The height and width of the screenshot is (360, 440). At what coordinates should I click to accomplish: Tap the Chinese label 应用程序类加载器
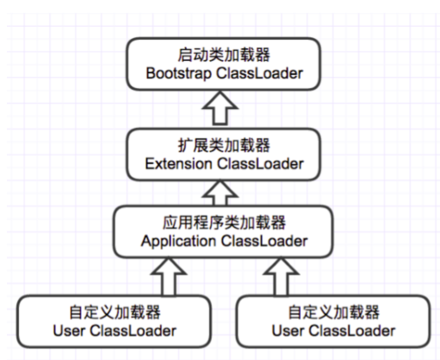(224, 220)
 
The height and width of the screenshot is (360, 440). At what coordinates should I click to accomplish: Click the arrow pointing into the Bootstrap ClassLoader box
(224, 109)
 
